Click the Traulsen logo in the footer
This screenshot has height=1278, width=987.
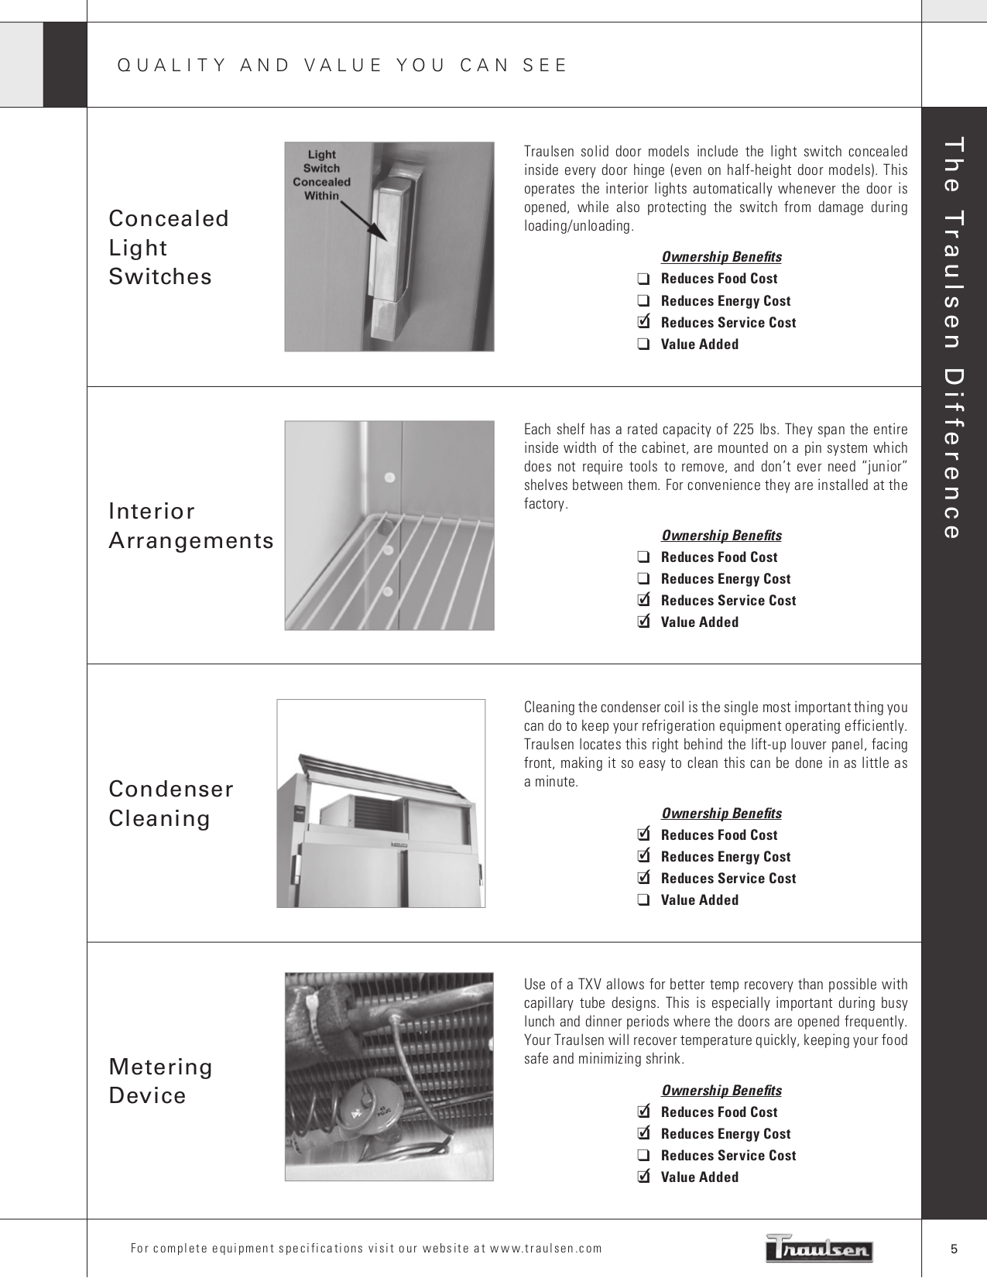(x=820, y=1248)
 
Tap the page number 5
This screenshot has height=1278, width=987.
(x=954, y=1249)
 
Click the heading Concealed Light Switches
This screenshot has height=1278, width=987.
(x=169, y=248)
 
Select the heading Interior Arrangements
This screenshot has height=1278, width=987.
(x=191, y=526)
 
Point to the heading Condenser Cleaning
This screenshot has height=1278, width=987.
(x=171, y=803)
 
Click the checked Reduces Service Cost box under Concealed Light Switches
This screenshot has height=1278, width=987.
(x=643, y=322)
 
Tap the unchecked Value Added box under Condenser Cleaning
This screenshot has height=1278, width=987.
(x=643, y=900)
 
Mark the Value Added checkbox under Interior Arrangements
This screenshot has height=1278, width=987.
(x=643, y=622)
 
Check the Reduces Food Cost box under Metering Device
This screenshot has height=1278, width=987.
(x=643, y=1112)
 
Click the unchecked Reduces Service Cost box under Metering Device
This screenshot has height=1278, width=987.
(x=643, y=1156)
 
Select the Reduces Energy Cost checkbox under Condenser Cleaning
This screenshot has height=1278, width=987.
(x=643, y=856)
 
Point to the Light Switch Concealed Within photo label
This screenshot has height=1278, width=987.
(x=321, y=175)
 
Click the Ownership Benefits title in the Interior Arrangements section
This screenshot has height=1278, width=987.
(x=721, y=535)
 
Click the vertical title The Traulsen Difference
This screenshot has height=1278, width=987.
(x=954, y=337)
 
